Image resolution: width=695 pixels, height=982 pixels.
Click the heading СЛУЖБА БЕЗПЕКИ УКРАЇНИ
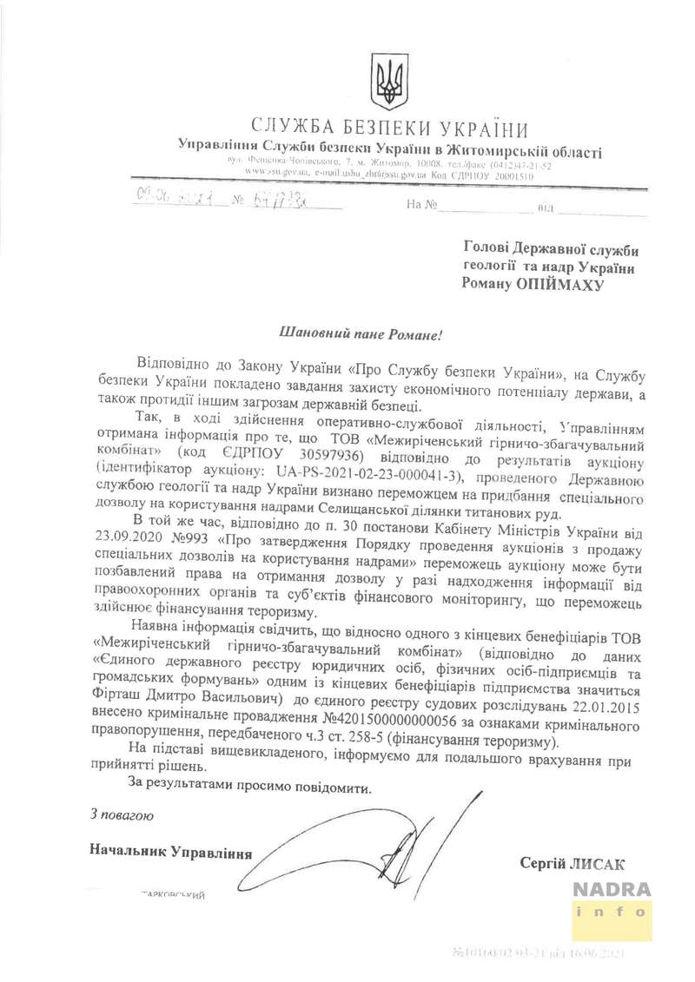pos(389,129)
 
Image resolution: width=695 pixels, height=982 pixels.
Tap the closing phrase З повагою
pos(122,815)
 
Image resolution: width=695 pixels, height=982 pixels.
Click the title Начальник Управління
pos(170,853)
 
